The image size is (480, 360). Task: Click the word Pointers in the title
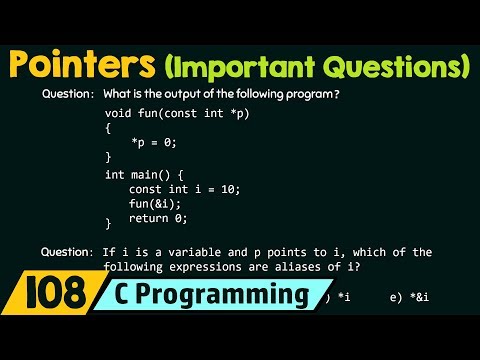click(78, 67)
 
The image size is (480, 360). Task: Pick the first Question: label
click(68, 94)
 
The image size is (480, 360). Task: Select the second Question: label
click(68, 252)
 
